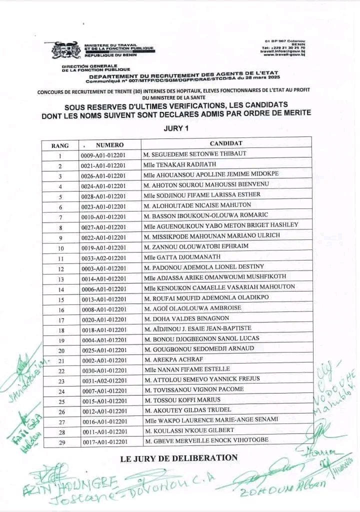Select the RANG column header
click(x=60, y=145)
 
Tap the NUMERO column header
click(x=109, y=145)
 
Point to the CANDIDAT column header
click(x=226, y=144)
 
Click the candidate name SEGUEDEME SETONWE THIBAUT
click(x=194, y=154)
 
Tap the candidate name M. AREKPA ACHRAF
click(x=171, y=360)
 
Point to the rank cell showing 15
click(x=60, y=299)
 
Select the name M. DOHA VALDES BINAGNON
click(x=186, y=318)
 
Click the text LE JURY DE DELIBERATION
click(x=179, y=458)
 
